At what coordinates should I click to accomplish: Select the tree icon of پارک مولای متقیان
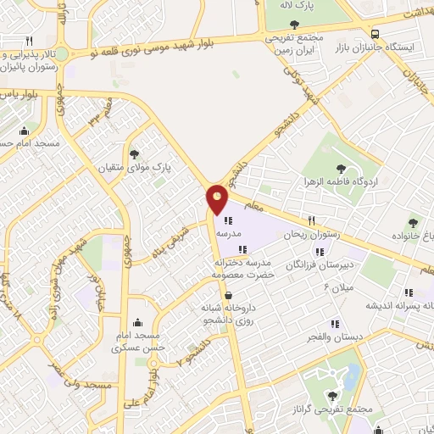pyautogui.click(x=134, y=153)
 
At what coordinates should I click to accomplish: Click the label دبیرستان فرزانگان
pyautogui.click(x=319, y=264)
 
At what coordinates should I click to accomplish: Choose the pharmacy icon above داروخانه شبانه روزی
pyautogui.click(x=229, y=294)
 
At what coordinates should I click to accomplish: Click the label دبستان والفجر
pyautogui.click(x=335, y=337)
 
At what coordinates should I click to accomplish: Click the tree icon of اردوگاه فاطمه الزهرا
pyautogui.click(x=341, y=169)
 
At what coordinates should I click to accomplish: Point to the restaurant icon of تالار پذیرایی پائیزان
pyautogui.click(x=29, y=41)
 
